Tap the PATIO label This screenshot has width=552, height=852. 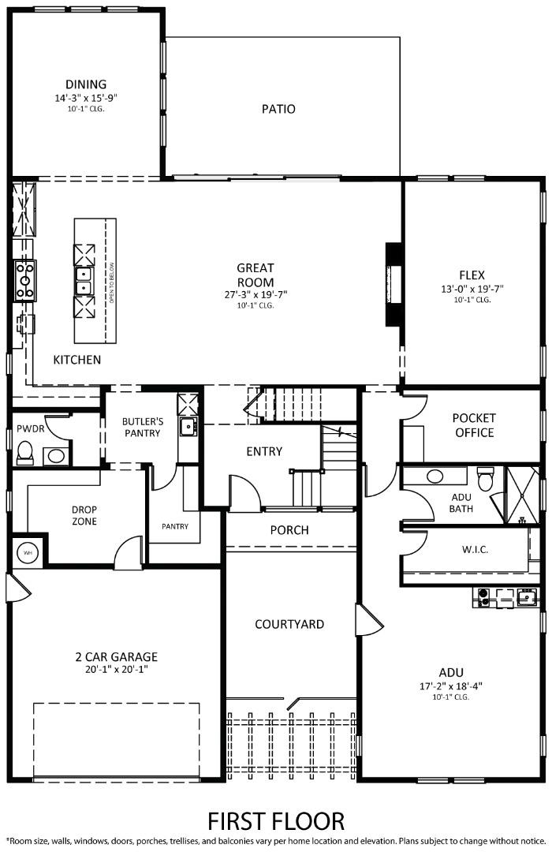(x=278, y=109)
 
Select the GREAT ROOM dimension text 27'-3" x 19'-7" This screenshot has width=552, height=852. (x=255, y=294)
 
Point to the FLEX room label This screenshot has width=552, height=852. (x=473, y=275)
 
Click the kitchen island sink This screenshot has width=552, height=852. (x=84, y=275)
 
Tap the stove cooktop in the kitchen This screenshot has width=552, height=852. (x=24, y=280)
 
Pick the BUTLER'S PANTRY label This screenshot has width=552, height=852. (x=142, y=427)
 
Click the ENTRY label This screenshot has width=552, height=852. (x=263, y=451)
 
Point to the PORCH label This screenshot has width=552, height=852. (x=289, y=530)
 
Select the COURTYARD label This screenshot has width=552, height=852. (x=289, y=624)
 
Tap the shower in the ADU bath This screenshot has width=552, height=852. (x=521, y=495)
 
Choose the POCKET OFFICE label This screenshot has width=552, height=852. (x=473, y=425)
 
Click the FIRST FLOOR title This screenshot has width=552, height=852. (x=276, y=820)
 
